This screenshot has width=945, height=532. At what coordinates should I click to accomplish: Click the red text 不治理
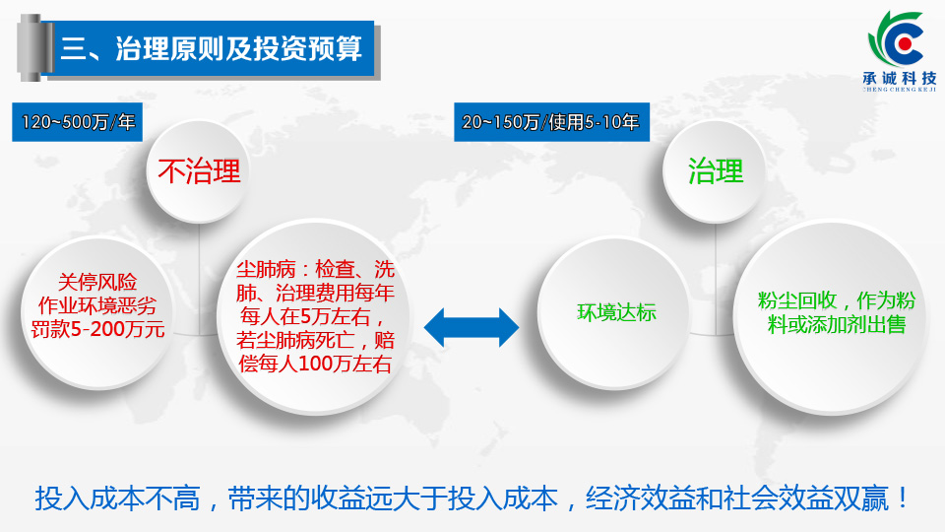click(199, 171)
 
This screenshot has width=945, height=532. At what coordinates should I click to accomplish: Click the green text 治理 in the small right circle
click(716, 170)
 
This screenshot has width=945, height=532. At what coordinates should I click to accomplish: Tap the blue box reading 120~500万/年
click(77, 122)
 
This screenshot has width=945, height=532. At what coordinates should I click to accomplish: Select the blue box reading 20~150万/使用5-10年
click(551, 122)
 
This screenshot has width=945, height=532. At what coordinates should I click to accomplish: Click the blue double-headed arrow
click(472, 327)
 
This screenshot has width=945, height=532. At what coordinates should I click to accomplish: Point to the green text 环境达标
click(616, 312)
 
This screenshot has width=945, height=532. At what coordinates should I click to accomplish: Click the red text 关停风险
click(97, 282)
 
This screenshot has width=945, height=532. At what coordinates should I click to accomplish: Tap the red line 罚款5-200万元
click(97, 329)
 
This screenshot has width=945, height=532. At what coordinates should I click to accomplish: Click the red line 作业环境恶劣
click(97, 305)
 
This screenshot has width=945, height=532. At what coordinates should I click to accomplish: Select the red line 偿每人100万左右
click(315, 364)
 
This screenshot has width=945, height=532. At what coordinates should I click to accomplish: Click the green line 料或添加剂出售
click(837, 324)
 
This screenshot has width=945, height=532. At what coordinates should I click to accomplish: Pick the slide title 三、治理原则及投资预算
click(211, 48)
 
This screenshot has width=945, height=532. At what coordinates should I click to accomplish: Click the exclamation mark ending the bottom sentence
click(903, 498)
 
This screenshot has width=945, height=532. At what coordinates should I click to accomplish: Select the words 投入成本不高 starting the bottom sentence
click(117, 499)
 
